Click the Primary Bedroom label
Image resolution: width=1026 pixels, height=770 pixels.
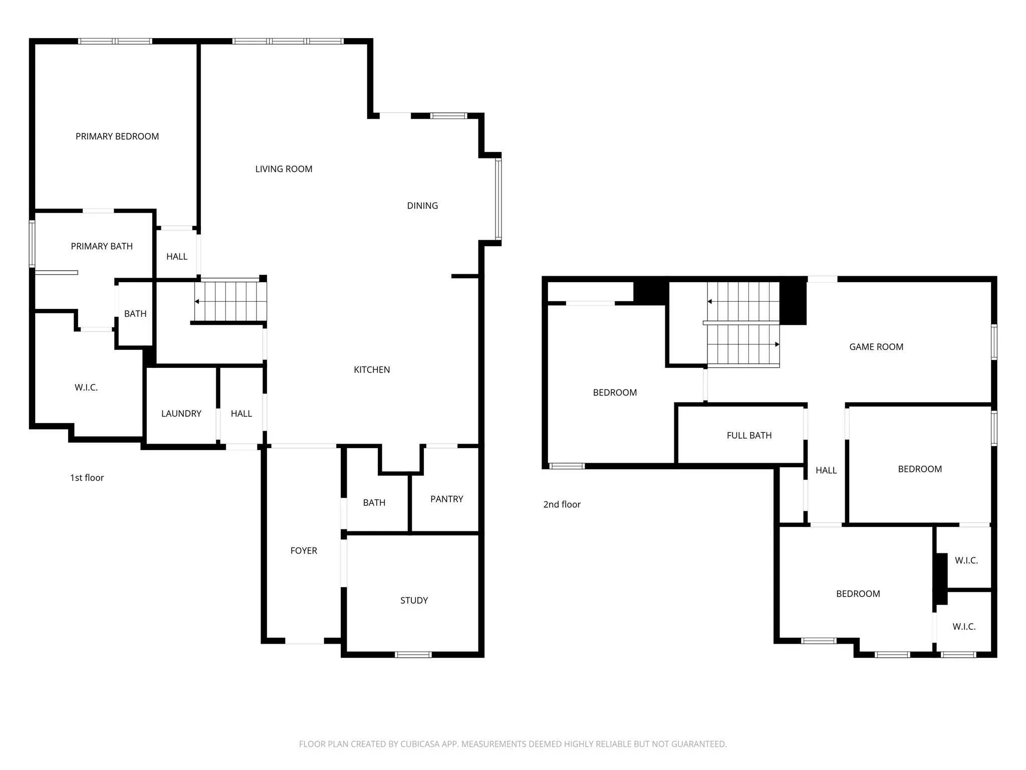(x=117, y=136)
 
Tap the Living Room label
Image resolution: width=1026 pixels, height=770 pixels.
(x=284, y=169)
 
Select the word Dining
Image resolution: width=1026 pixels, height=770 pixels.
(x=422, y=206)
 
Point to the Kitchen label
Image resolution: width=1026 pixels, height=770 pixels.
(x=372, y=369)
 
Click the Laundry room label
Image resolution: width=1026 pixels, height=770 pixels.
(x=181, y=414)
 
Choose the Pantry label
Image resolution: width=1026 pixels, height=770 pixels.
(x=447, y=499)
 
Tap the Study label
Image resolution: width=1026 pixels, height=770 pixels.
(x=414, y=600)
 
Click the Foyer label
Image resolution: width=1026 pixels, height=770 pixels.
(x=304, y=550)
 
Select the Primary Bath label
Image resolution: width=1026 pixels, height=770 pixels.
(x=102, y=246)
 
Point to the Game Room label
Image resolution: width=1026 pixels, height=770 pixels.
(x=876, y=347)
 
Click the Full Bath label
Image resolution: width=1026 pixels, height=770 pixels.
(x=749, y=436)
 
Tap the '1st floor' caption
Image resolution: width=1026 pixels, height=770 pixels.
(x=87, y=478)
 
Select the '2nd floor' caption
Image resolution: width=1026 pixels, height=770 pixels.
(x=562, y=504)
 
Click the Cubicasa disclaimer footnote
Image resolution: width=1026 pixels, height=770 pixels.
(x=513, y=744)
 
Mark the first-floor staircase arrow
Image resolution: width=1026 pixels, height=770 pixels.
(x=230, y=301)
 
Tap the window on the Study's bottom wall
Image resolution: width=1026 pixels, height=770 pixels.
(x=413, y=654)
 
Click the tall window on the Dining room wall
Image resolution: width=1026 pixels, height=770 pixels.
(x=498, y=199)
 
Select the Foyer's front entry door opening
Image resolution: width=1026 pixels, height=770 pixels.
(x=305, y=641)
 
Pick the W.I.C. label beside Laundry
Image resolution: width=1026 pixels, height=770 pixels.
(x=86, y=388)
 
